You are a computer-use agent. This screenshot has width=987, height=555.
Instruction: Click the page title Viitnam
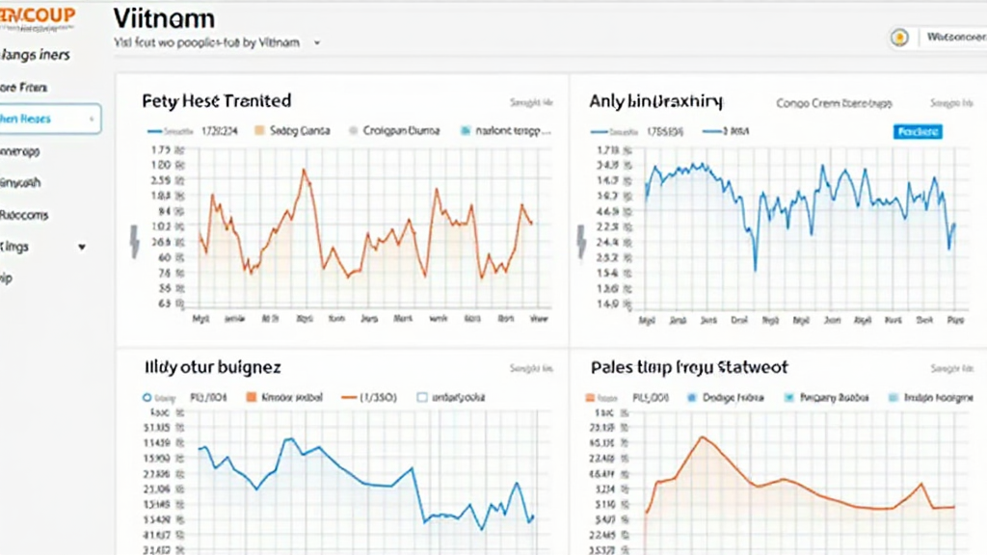point(164,18)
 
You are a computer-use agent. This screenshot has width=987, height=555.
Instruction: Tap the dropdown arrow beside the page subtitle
point(317,43)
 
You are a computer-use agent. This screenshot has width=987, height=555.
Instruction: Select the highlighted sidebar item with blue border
point(48,119)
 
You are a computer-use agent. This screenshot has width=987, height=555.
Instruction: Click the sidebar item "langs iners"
point(37,55)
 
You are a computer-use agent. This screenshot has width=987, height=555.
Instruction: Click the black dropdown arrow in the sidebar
point(82,247)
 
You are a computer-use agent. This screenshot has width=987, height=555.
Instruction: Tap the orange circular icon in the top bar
point(899,38)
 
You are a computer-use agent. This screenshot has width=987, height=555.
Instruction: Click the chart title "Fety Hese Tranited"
point(216,100)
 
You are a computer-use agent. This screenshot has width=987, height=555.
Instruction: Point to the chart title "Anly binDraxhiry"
point(655,100)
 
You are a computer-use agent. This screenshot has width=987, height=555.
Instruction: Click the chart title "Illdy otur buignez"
point(212,367)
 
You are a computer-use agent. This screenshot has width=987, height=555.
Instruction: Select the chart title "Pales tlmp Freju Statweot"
point(688,367)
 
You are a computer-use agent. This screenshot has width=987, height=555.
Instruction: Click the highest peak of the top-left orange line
point(305,171)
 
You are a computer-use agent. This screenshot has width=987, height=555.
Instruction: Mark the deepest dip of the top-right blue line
point(756,270)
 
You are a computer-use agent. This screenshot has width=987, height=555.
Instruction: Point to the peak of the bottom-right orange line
point(702,436)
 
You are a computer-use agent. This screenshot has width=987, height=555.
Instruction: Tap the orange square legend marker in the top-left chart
point(258,129)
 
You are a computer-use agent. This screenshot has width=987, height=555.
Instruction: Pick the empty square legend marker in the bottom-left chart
point(421,396)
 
